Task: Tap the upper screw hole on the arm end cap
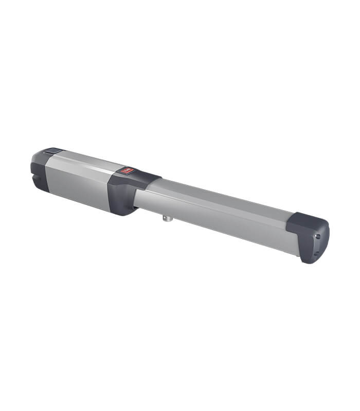[x=317, y=237]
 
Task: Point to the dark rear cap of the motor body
[x=40, y=172]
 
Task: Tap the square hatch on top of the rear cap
[x=52, y=152]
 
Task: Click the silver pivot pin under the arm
[x=167, y=218]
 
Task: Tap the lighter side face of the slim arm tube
[x=216, y=221]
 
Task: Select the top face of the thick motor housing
[x=82, y=160]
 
